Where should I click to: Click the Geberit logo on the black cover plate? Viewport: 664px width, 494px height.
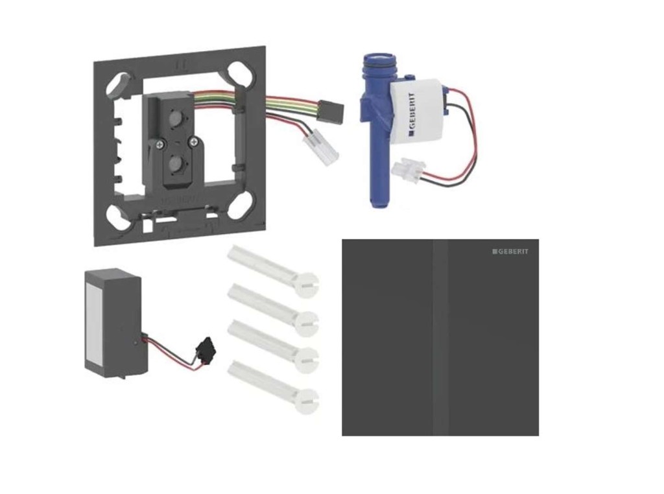click(x=510, y=252)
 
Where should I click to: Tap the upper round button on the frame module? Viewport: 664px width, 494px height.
click(x=174, y=120)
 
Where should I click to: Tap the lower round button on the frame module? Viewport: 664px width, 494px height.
click(x=174, y=163)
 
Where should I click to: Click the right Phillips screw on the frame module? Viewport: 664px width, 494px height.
click(x=193, y=142)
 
